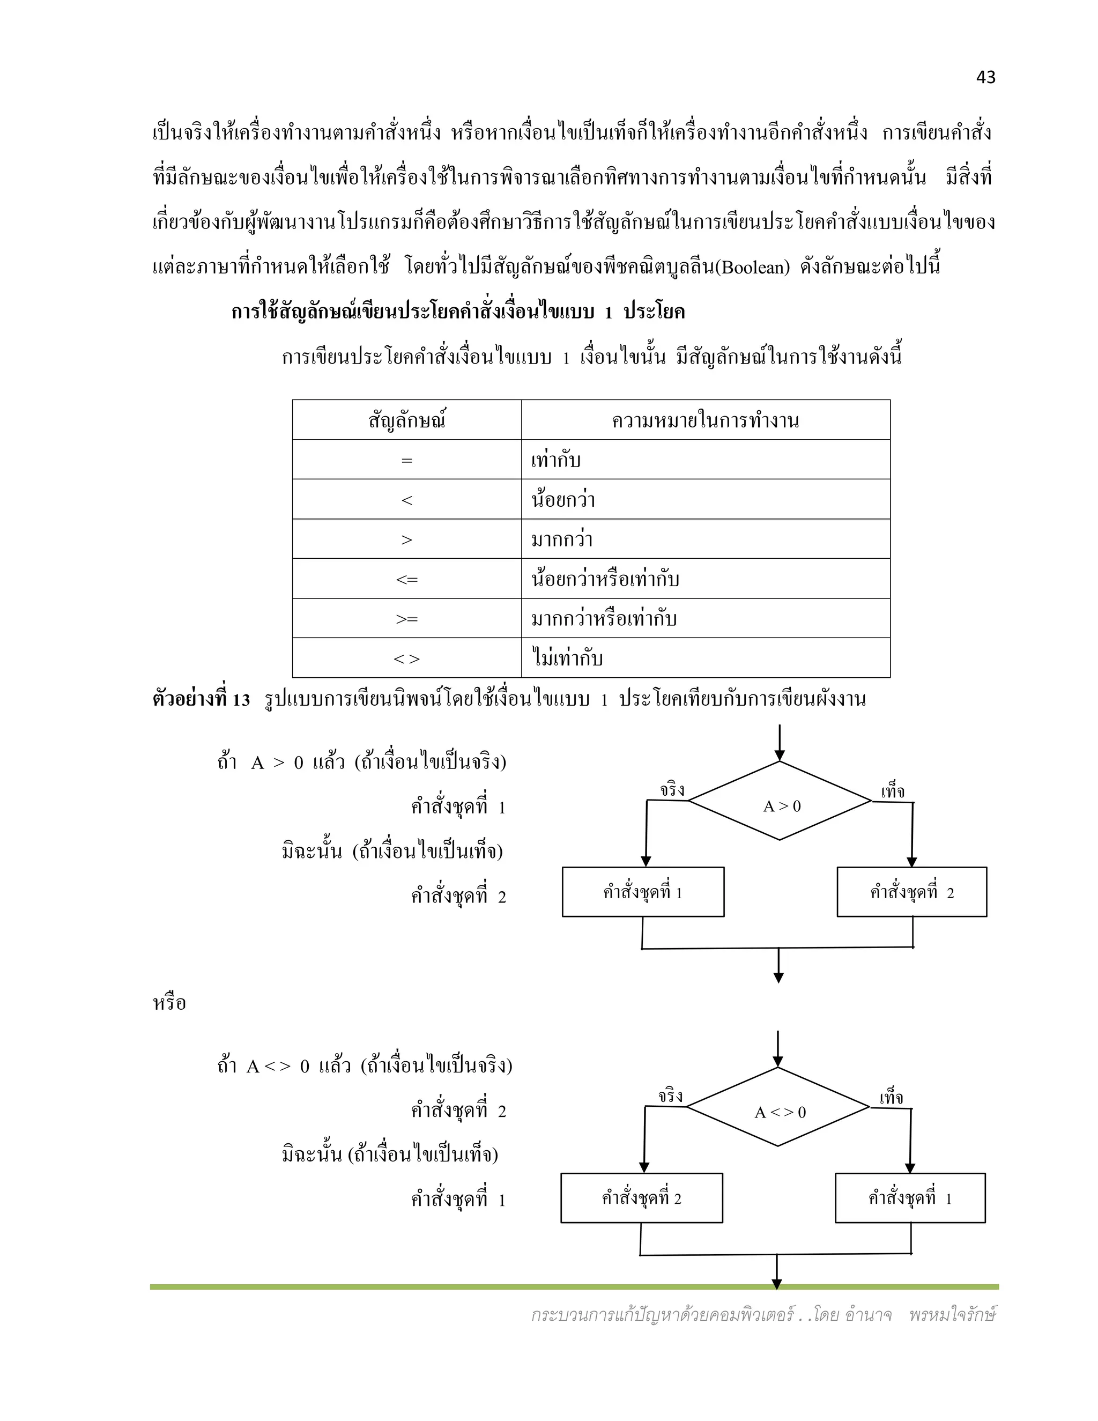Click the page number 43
coord(985,77)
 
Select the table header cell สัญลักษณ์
coord(406,420)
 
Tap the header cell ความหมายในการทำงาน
coord(705,420)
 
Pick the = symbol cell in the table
coord(406,460)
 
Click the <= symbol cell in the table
coord(406,579)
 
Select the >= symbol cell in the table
coord(406,619)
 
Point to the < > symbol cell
coord(406,658)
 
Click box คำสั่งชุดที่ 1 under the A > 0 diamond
coord(643,892)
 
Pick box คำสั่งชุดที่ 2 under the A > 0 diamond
coord(911,892)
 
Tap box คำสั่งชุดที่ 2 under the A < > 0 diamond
coord(641,1198)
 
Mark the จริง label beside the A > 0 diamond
coord(672,790)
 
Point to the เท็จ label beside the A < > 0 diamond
coord(891,1098)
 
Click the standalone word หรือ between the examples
coord(169,1003)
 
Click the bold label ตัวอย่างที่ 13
coord(201,699)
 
